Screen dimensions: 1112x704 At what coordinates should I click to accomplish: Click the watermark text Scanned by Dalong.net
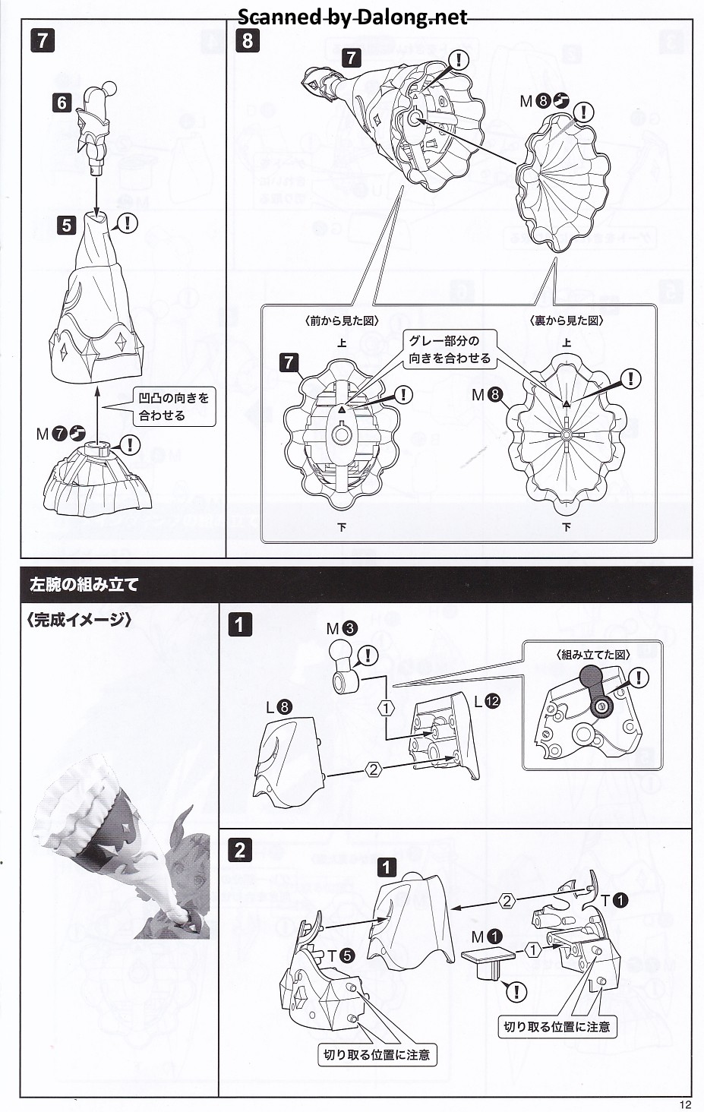click(352, 17)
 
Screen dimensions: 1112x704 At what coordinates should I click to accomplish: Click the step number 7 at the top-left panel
click(43, 40)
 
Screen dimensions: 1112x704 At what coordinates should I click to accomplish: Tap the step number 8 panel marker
click(248, 40)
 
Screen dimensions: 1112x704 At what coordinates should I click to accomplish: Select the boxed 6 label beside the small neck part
click(62, 102)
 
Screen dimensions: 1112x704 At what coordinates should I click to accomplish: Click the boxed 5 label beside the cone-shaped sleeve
click(68, 225)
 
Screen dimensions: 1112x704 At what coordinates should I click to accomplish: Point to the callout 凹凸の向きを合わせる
click(173, 406)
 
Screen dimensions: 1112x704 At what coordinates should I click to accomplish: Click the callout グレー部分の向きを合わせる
click(450, 349)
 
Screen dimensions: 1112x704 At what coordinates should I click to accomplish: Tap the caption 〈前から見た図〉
click(341, 321)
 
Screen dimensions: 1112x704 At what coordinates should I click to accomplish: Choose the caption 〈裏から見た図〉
click(566, 321)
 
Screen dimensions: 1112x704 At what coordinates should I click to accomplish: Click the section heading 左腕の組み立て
click(84, 585)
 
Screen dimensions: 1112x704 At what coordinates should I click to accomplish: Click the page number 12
click(685, 1104)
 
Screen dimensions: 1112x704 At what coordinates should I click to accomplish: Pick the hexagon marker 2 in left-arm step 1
click(373, 769)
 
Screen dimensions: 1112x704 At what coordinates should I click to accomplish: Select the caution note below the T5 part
click(377, 1054)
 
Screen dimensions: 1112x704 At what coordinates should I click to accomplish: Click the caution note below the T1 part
click(557, 1027)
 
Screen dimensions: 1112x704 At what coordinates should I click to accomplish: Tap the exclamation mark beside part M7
click(131, 444)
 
